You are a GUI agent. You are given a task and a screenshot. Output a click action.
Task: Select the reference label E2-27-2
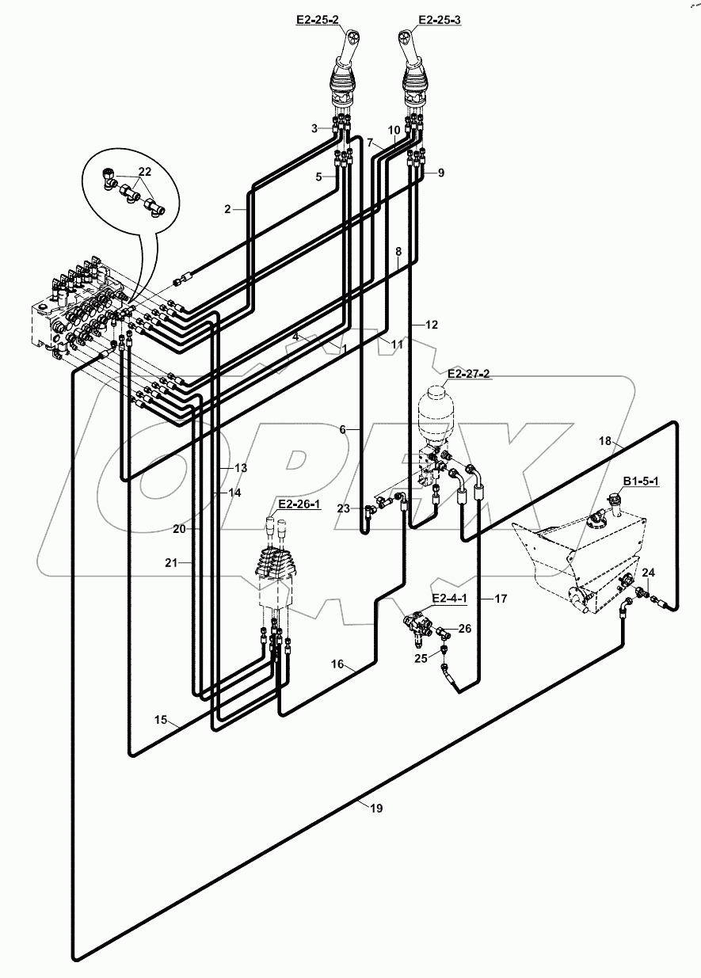(x=469, y=372)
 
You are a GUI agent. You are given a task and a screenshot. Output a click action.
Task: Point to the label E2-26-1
(x=299, y=504)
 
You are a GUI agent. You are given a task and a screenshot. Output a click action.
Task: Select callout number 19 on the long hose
(x=376, y=808)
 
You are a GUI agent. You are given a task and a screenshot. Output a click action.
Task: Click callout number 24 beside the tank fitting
(x=648, y=572)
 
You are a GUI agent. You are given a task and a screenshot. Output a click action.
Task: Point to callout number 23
(x=342, y=509)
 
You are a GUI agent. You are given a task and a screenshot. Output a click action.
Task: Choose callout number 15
(x=162, y=720)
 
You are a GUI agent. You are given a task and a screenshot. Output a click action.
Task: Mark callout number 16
(x=338, y=665)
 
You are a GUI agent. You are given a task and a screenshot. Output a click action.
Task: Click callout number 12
(x=431, y=325)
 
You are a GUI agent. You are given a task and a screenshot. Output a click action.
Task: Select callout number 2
(x=228, y=209)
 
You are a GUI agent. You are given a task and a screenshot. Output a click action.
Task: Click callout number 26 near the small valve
(x=465, y=630)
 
